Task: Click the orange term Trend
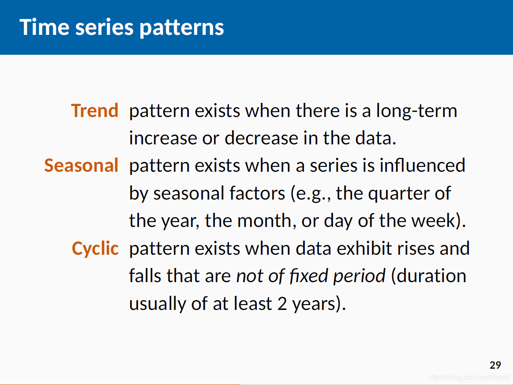pyautogui.click(x=94, y=111)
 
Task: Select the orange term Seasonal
pyautogui.click(x=81, y=165)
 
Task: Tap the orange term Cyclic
pyautogui.click(x=95, y=249)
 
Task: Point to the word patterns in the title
pyautogui.click(x=182, y=28)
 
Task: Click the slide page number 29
pyautogui.click(x=495, y=365)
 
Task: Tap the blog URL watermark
pyautogui.click(x=468, y=377)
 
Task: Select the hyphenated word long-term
pyautogui.click(x=416, y=111)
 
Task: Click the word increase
pyautogui.click(x=163, y=138)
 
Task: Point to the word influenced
pyautogui.click(x=423, y=165)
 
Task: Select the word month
pyautogui.click(x=264, y=221)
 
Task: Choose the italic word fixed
pyautogui.click(x=309, y=276)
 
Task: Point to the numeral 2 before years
pyautogui.click(x=282, y=304)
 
